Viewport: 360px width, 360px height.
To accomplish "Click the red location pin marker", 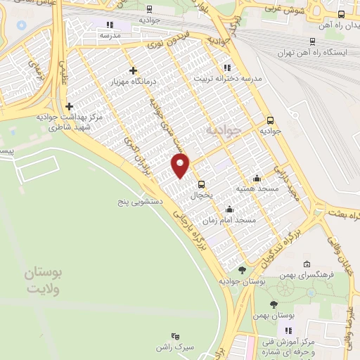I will (181, 166).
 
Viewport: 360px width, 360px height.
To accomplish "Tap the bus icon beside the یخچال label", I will (202, 184).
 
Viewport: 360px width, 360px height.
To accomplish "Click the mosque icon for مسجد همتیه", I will (257, 178).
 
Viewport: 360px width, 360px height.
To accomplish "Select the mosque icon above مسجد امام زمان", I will (229, 209).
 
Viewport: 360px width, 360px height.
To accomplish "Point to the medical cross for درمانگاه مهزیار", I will (133, 70).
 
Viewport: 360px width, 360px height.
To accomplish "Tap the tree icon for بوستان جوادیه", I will (242, 270).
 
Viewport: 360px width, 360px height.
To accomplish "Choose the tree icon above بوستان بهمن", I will (274, 304).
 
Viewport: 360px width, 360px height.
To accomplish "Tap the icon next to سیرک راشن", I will (175, 337).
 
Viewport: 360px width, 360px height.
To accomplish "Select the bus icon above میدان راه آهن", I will (342, 13).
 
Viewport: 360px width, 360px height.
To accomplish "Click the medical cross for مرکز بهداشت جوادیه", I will (68, 106).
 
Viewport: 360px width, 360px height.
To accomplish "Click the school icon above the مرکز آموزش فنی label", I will (288, 330).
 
